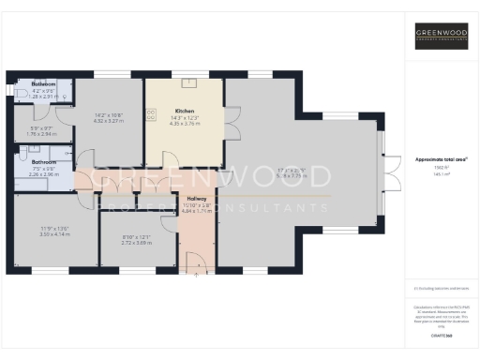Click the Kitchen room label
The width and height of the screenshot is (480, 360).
tap(184, 111)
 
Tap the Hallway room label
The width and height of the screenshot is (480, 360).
tap(197, 198)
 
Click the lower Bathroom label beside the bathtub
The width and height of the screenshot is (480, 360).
tap(43, 162)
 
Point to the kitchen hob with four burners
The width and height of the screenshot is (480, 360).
tap(151, 116)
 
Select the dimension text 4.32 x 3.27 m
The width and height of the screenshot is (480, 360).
tap(110, 121)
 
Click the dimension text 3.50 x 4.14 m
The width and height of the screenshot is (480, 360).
tap(55, 233)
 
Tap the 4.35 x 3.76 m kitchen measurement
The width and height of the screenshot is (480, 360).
tap(184, 122)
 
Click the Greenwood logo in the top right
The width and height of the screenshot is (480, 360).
tap(442, 37)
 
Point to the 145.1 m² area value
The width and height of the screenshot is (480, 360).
tap(441, 174)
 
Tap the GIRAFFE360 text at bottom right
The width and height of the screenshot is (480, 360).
tap(441, 334)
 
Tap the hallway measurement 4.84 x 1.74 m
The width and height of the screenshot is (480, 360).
tap(197, 211)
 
